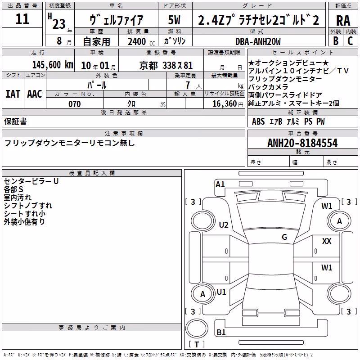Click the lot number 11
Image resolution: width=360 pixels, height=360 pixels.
[x=22, y=19]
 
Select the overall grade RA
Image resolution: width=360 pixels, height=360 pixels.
[x=343, y=21]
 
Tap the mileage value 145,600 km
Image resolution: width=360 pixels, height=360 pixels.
[x=53, y=65]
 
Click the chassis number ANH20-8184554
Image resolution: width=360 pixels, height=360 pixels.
[x=302, y=143]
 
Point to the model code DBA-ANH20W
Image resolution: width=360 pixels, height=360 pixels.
[x=258, y=41]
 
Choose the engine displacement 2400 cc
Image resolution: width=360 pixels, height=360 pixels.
[x=141, y=41]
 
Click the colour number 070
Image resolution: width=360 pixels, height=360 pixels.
[x=75, y=104]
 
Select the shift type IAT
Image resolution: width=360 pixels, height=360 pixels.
[x=13, y=94]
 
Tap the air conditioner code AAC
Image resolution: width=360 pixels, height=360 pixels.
[x=35, y=94]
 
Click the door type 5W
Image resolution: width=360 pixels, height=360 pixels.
[x=174, y=20]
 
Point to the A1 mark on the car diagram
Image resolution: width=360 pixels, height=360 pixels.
[x=220, y=184]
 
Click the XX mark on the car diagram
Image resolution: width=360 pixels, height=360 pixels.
[x=327, y=241]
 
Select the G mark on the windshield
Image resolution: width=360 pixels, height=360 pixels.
[x=284, y=237]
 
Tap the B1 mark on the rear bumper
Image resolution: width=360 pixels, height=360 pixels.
[x=221, y=332]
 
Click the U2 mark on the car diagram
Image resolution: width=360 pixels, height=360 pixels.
[x=223, y=225]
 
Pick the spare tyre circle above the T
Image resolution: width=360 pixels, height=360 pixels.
[x=197, y=328]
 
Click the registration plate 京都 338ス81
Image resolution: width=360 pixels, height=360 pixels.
[x=166, y=66]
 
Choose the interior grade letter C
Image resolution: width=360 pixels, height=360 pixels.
[x=350, y=41]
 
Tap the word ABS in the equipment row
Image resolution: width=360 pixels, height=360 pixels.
[x=258, y=121]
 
